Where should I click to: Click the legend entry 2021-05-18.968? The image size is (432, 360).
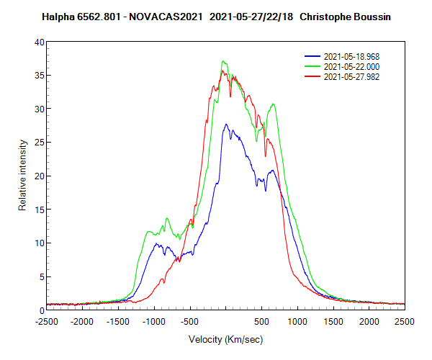point(352,55)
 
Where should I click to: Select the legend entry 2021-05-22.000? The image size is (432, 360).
point(352,66)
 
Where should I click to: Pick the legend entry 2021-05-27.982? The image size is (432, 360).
point(352,76)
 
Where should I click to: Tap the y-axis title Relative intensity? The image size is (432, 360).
point(22,176)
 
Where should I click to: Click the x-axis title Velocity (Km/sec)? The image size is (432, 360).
point(225,338)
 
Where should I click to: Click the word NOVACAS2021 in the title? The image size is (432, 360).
point(162,17)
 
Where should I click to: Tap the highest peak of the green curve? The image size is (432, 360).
point(224,61)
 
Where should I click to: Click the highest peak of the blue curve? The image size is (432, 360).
point(226,124)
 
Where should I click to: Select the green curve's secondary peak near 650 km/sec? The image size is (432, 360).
point(273,104)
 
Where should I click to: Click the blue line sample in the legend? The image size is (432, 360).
point(312,55)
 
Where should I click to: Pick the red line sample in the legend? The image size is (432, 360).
point(312,76)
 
